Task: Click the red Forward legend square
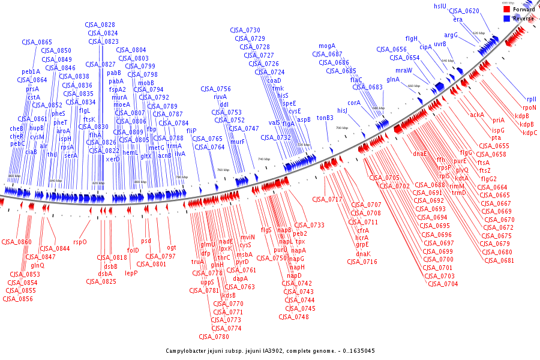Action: click(506, 10)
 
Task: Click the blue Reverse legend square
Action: click(506, 19)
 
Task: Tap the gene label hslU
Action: click(440, 5)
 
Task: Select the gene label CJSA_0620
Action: click(464, 11)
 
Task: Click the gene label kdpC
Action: click(530, 133)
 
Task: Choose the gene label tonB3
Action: click(325, 118)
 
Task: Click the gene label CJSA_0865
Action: click(37, 42)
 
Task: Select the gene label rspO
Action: click(80, 242)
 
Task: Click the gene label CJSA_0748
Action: click(293, 316)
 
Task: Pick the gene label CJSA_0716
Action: click(362, 261)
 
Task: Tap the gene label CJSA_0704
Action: click(443, 283)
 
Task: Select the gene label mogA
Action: click(327, 46)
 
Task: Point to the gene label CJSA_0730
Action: click(245, 30)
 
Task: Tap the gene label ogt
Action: click(172, 247)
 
